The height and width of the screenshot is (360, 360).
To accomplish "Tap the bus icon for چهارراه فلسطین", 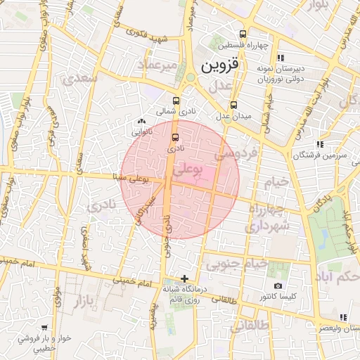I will pyautogui.click(x=243, y=34).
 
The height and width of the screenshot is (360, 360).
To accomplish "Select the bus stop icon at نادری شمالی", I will pyautogui.click(x=175, y=101).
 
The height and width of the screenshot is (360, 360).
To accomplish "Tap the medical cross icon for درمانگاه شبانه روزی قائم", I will pyautogui.click(x=184, y=278).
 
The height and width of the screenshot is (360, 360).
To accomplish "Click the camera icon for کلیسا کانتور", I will pyautogui.click(x=278, y=286).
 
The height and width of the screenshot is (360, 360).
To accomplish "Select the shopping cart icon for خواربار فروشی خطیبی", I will pyautogui.click(x=44, y=327).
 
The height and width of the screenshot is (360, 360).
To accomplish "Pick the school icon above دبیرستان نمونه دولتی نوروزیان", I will pyautogui.click(x=281, y=58).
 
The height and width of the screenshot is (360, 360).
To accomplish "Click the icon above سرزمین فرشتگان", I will pyautogui.click(x=321, y=144).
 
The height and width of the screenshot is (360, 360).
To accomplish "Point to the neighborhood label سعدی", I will pyautogui.click(x=80, y=79).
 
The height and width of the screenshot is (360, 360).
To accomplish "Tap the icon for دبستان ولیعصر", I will pyautogui.click(x=342, y=317).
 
